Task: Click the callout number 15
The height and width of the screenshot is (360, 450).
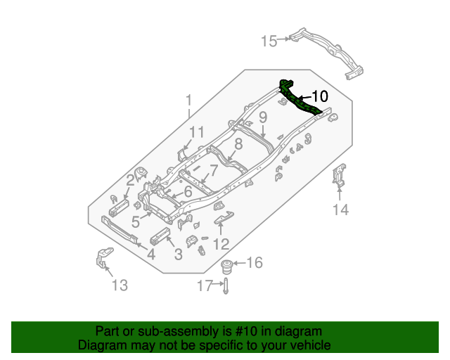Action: [269, 41]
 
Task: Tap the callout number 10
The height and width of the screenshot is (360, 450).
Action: [319, 96]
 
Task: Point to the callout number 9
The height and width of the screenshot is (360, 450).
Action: [262, 117]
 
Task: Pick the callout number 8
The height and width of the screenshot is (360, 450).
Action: [238, 144]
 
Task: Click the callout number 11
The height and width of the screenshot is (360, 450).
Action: [196, 132]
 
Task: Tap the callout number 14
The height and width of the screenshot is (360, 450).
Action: [340, 210]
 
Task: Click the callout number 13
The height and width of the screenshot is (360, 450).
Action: [120, 285]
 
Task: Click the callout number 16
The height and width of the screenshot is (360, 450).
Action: [254, 263]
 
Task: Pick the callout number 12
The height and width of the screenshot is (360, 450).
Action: [221, 244]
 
